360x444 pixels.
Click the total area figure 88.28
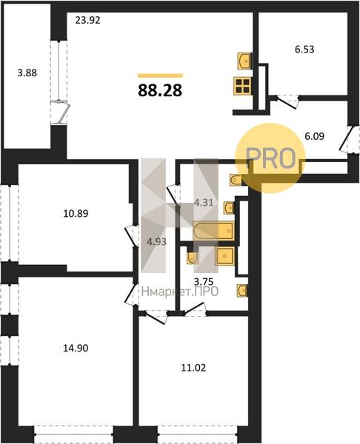[160, 90]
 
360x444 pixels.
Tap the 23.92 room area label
[88, 21]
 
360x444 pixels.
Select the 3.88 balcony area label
[27, 73]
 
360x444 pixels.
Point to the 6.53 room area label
[304, 50]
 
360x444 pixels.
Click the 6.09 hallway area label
[314, 136]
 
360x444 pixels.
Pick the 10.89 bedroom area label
[76, 214]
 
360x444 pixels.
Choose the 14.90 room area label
[76, 348]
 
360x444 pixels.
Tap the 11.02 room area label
[193, 368]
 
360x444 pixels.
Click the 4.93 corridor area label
[156, 242]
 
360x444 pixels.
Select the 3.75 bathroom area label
[203, 282]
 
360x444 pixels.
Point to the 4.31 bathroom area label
[204, 203]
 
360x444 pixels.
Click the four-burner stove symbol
[241, 86]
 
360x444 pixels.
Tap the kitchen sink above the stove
[244, 61]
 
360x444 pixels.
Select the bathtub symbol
[213, 231]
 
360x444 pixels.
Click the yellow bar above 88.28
[160, 75]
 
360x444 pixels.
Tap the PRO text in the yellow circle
[270, 158]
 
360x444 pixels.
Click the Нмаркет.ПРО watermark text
[180, 291]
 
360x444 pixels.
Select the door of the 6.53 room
[287, 102]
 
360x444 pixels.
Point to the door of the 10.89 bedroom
[130, 235]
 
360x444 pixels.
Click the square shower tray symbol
[225, 256]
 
